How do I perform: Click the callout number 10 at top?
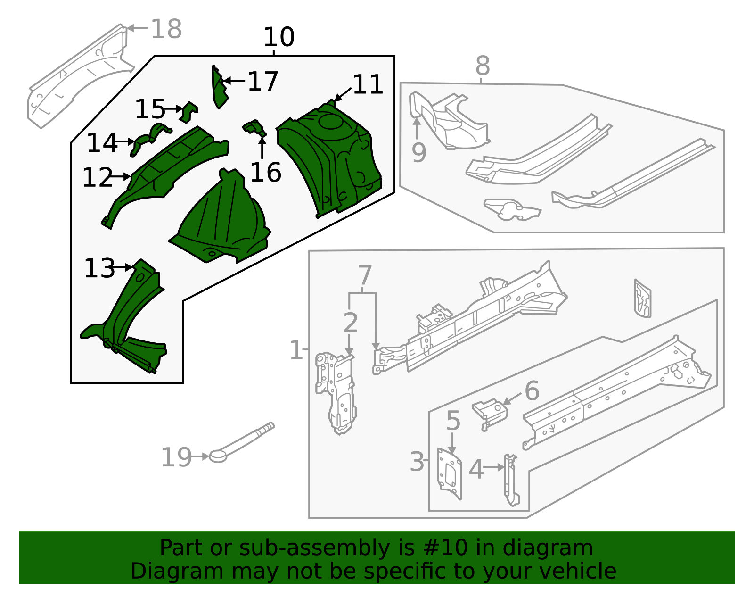coord(279,37)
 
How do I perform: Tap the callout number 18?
coord(166,29)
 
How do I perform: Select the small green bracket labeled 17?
coord(219,90)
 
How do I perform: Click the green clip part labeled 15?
coord(189,112)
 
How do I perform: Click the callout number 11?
coord(368,85)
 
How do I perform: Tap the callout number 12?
coord(98,178)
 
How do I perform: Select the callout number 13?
coord(99,268)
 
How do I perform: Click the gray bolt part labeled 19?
coord(240,441)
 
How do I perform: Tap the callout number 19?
coord(176,457)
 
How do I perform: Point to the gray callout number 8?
coord(482,66)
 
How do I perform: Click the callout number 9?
coord(418,152)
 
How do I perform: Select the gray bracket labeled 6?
coord(490,410)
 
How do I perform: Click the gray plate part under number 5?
coord(449,474)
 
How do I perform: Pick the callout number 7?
coord(365,275)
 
